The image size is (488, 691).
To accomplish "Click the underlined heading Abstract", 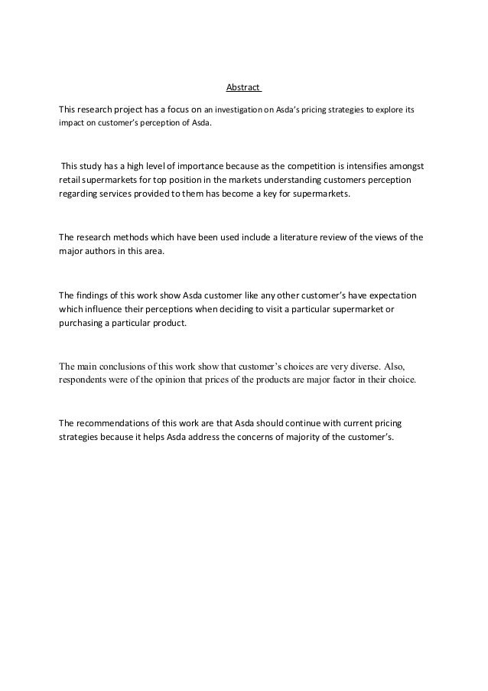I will click(x=242, y=86).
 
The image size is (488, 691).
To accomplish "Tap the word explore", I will click(x=388, y=109).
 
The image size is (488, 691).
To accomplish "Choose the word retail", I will click(x=70, y=181).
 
